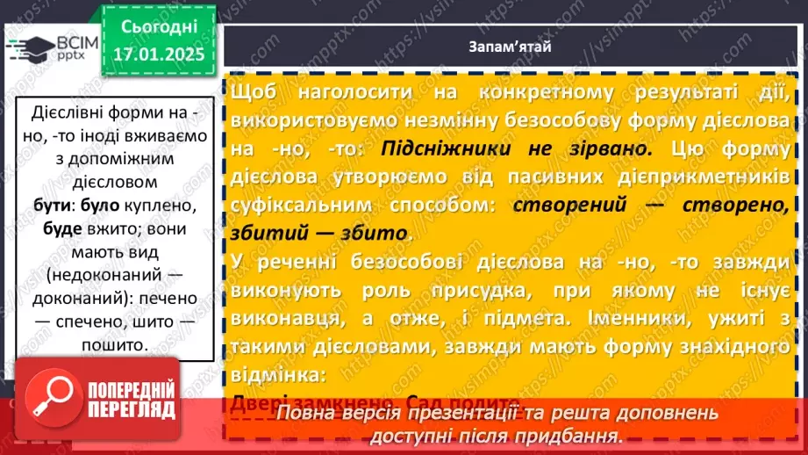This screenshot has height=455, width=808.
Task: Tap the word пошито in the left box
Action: click(110, 346)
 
